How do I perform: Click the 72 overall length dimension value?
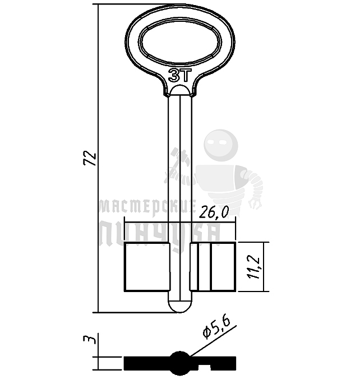point(90,159)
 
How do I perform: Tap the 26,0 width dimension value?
point(214,212)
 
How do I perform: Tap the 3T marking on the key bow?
point(179,76)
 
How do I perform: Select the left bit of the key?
point(147,267)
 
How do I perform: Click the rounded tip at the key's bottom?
point(180,307)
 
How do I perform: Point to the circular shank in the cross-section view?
point(180,363)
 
